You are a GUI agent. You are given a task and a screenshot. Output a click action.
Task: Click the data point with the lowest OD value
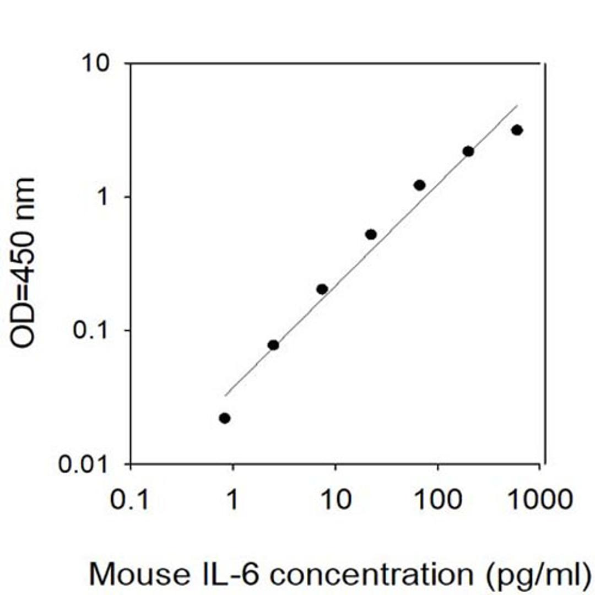(x=224, y=418)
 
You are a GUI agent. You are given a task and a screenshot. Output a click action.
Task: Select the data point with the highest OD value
(x=517, y=130)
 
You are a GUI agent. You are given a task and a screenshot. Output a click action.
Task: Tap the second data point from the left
(x=273, y=345)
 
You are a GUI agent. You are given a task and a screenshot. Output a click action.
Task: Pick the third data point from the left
(x=322, y=289)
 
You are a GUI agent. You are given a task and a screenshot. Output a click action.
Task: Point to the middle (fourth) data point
(x=371, y=234)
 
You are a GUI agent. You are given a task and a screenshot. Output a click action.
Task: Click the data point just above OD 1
(x=420, y=185)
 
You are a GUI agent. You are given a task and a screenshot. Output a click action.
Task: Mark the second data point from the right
(x=468, y=151)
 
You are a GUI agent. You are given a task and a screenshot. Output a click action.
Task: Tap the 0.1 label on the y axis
(x=95, y=332)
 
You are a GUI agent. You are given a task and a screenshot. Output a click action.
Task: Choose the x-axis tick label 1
(x=232, y=500)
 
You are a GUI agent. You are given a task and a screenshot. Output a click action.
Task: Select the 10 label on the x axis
(x=334, y=500)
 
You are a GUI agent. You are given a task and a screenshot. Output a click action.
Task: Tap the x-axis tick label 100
(x=438, y=500)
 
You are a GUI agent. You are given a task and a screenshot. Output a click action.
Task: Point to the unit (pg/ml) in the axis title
(x=533, y=575)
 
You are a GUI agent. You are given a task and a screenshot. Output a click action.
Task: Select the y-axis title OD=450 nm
(x=23, y=263)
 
